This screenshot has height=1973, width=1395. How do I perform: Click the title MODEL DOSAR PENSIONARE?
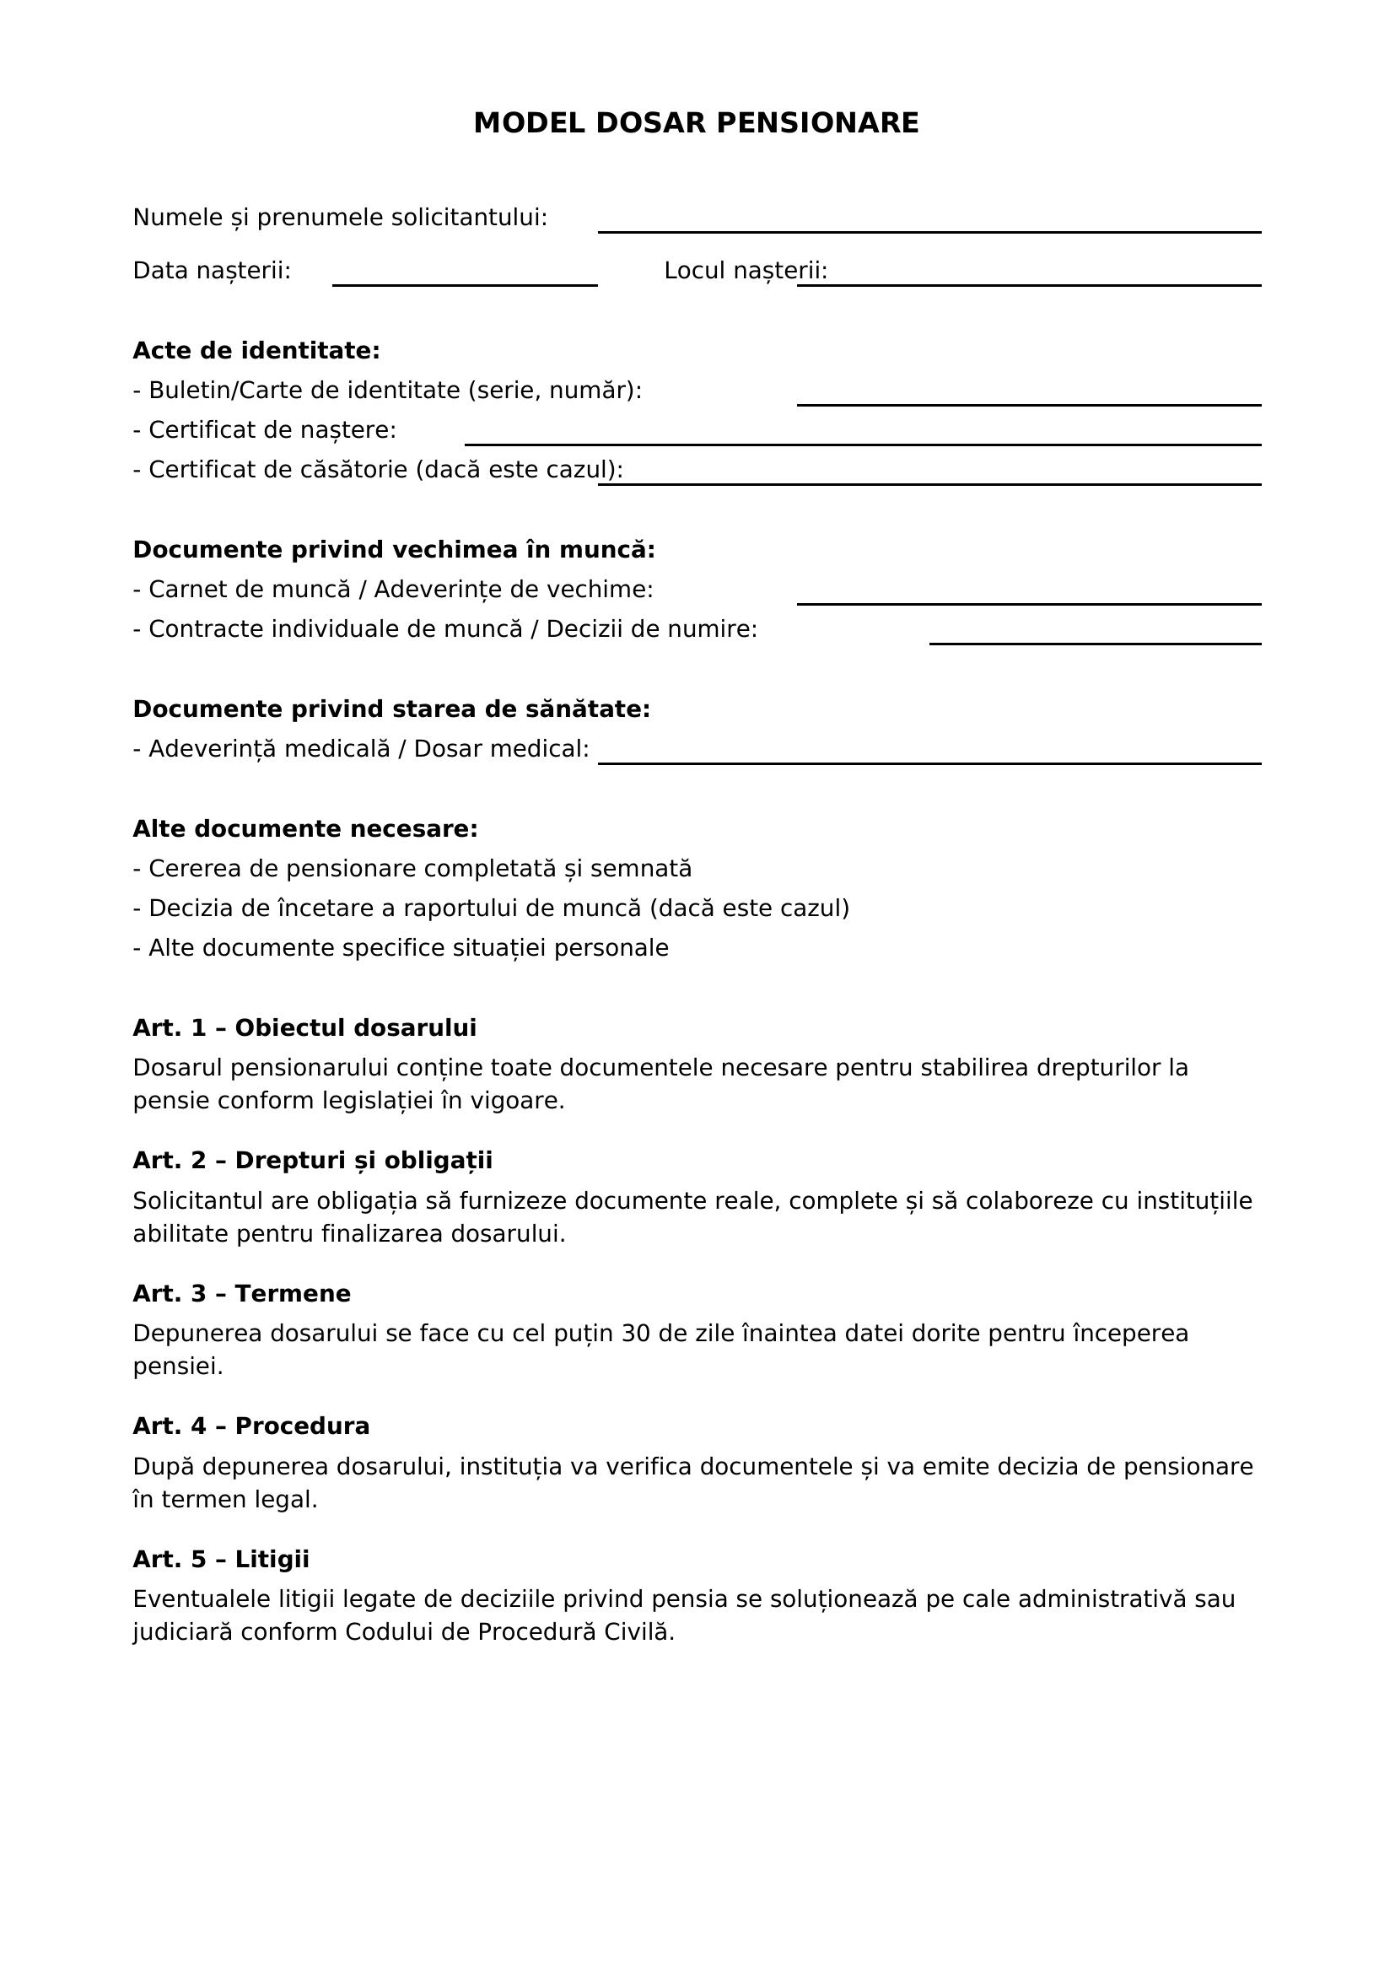pyautogui.click(x=696, y=123)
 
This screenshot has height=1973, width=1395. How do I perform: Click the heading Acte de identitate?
pyautogui.click(x=256, y=351)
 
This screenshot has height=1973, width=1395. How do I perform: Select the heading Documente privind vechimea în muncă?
pyautogui.click(x=393, y=549)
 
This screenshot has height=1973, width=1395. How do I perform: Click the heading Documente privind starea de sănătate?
pyautogui.click(x=390, y=709)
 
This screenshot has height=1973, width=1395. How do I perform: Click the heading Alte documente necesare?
pyautogui.click(x=305, y=828)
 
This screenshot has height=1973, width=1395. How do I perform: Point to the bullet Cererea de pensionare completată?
pyautogui.click(x=412, y=869)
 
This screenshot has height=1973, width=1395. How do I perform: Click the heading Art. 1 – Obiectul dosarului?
pyautogui.click(x=304, y=1027)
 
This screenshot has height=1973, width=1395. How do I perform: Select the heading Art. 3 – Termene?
pyautogui.click(x=241, y=1293)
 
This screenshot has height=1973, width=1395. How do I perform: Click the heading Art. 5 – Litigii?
pyautogui.click(x=221, y=1559)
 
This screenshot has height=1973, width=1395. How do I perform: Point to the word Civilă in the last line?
pyautogui.click(x=638, y=1632)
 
